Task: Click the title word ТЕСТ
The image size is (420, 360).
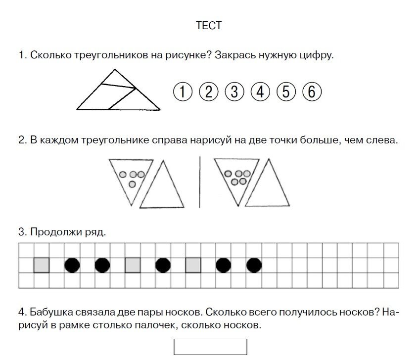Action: coord(209,26)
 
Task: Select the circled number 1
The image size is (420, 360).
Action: coord(183,91)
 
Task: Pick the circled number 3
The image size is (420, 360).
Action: coord(234,91)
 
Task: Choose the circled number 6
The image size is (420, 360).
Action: coord(312,91)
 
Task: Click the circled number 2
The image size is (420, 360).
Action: coord(209,91)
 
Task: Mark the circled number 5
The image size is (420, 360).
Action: coord(286,91)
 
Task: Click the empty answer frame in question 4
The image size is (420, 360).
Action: coord(210,347)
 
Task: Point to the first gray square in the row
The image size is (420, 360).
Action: coord(42,266)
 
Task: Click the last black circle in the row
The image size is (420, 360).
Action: coord(254,266)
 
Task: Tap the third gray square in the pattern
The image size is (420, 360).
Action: coord(193,266)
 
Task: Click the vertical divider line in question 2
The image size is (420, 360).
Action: coord(200,181)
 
